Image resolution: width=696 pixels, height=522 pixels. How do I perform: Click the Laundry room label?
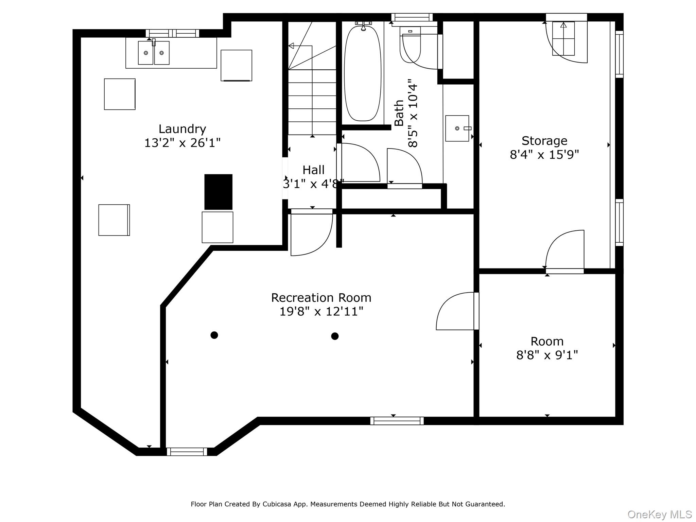(x=182, y=129)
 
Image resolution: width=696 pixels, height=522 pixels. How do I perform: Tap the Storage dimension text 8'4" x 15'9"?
(x=544, y=155)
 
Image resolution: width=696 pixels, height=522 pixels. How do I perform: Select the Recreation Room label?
(x=321, y=298)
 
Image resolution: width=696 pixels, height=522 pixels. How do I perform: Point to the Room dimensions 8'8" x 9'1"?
(x=547, y=355)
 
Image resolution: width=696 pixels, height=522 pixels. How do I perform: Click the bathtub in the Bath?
(x=363, y=73)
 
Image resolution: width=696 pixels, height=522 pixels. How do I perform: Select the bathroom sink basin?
(x=457, y=128)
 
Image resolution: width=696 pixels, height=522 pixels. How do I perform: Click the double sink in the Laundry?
(x=154, y=53)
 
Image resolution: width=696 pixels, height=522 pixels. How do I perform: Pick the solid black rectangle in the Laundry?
(x=218, y=192)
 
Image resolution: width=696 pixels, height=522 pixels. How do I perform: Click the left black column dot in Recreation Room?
(x=214, y=335)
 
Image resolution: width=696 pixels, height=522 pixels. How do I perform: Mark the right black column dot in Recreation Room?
(x=335, y=336)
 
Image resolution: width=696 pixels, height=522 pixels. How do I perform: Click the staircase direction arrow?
(x=300, y=46)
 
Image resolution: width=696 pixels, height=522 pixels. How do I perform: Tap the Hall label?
(x=313, y=170)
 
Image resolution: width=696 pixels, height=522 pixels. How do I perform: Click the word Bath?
(x=399, y=113)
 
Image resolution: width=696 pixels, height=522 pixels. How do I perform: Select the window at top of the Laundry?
(x=173, y=33)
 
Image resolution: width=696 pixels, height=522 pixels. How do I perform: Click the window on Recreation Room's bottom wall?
(x=397, y=421)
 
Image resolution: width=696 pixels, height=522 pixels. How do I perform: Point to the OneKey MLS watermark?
(x=660, y=515)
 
